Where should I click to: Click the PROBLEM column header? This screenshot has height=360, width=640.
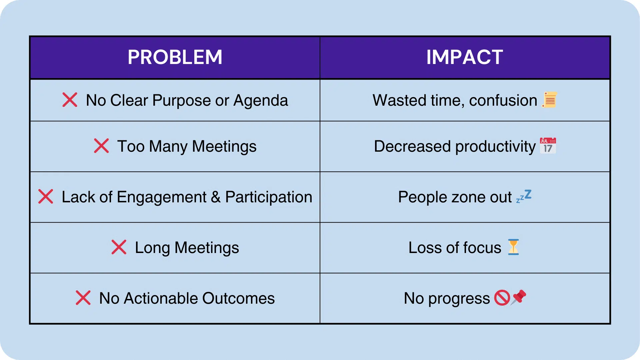(175, 57)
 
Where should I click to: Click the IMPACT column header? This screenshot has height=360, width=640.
(465, 57)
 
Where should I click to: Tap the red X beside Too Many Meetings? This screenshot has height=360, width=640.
(101, 146)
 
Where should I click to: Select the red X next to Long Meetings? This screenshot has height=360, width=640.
(119, 247)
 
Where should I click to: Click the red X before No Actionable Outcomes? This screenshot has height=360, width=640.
(83, 298)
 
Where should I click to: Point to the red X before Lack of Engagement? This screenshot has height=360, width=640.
(46, 197)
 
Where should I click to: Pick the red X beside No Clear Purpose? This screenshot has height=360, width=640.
(70, 100)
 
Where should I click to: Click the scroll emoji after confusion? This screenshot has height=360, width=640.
(549, 100)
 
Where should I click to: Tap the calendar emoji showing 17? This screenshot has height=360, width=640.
(548, 146)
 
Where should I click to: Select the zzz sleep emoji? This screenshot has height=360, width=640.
(524, 196)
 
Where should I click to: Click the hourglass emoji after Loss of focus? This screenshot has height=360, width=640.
(513, 247)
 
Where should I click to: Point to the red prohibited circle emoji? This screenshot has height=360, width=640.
(502, 298)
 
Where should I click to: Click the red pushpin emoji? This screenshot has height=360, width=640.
(519, 297)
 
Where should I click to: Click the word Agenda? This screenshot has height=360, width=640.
(260, 100)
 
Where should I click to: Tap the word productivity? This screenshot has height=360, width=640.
(495, 147)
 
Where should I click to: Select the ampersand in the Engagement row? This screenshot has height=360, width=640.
(216, 197)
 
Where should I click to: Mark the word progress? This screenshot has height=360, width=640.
(459, 299)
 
